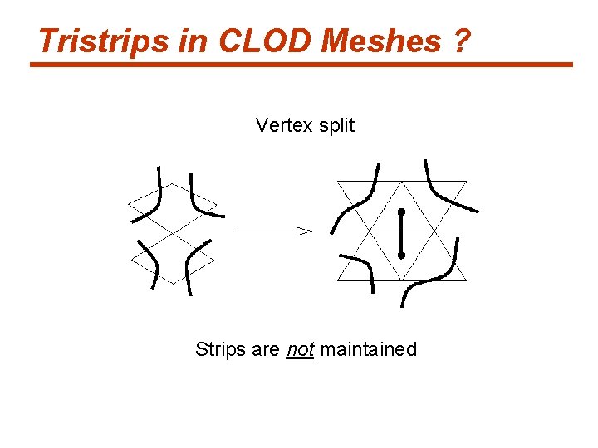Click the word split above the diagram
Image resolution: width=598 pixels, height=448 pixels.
click(336, 126)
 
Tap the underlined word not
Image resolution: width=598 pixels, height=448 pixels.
click(299, 350)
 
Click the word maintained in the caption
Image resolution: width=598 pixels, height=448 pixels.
click(368, 350)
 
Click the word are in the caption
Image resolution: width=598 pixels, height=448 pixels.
click(266, 350)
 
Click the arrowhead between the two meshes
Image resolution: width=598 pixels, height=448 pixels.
click(304, 231)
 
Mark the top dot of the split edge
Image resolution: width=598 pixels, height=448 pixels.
click(401, 212)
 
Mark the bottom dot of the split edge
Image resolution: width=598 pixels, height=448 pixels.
click(401, 256)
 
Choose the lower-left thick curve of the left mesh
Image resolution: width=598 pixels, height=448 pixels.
click(150, 261)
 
